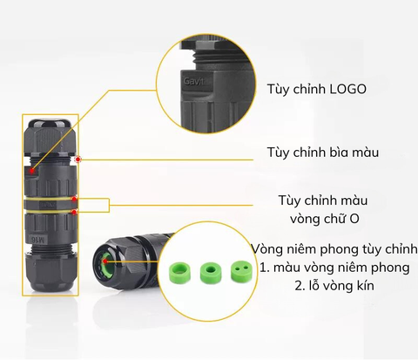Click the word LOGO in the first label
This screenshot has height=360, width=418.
(x=347, y=89)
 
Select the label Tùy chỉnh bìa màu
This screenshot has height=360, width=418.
(x=322, y=153)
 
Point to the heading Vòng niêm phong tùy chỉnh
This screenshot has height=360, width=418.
(x=328, y=248)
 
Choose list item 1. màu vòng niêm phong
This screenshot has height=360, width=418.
(x=328, y=266)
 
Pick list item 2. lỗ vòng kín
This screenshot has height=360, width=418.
(x=328, y=284)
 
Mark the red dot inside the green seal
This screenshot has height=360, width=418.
(x=106, y=259)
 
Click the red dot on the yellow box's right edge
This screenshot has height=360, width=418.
(x=78, y=160)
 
